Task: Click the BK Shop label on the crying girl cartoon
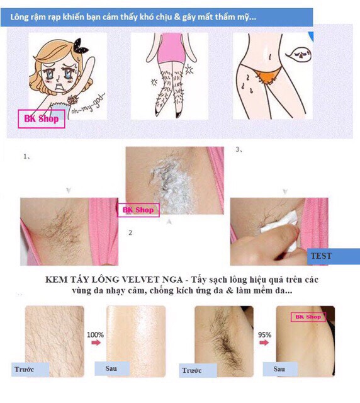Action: click(x=42, y=119)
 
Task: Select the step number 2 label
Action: click(x=130, y=232)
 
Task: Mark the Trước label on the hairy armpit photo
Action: click(x=196, y=370)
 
